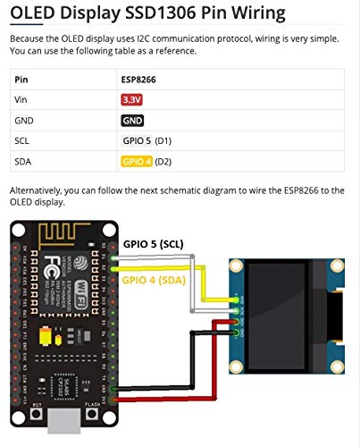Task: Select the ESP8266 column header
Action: tap(138, 79)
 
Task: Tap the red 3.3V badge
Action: tap(131, 99)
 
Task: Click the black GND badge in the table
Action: tap(132, 120)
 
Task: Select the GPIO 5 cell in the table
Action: tap(137, 140)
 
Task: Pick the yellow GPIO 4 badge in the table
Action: tap(137, 161)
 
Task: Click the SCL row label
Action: tap(23, 140)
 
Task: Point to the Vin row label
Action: tap(21, 99)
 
